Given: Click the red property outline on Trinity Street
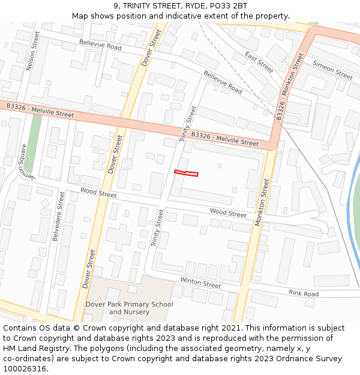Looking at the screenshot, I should pos(186,173).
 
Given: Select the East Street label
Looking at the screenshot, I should pos(259,62).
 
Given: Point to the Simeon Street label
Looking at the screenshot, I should pos(332,71).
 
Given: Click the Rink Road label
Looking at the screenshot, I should pos(304,294).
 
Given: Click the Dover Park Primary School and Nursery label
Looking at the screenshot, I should pos(129,308).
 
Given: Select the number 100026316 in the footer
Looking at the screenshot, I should pos(25,368).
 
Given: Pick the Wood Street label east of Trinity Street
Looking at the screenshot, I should pos(228,213).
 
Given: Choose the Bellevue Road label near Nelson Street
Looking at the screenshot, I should pos(100,44).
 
